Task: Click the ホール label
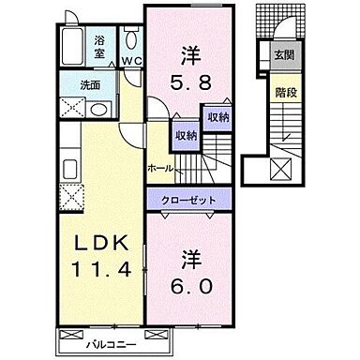pos(158,169)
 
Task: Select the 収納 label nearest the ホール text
pos(185,136)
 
